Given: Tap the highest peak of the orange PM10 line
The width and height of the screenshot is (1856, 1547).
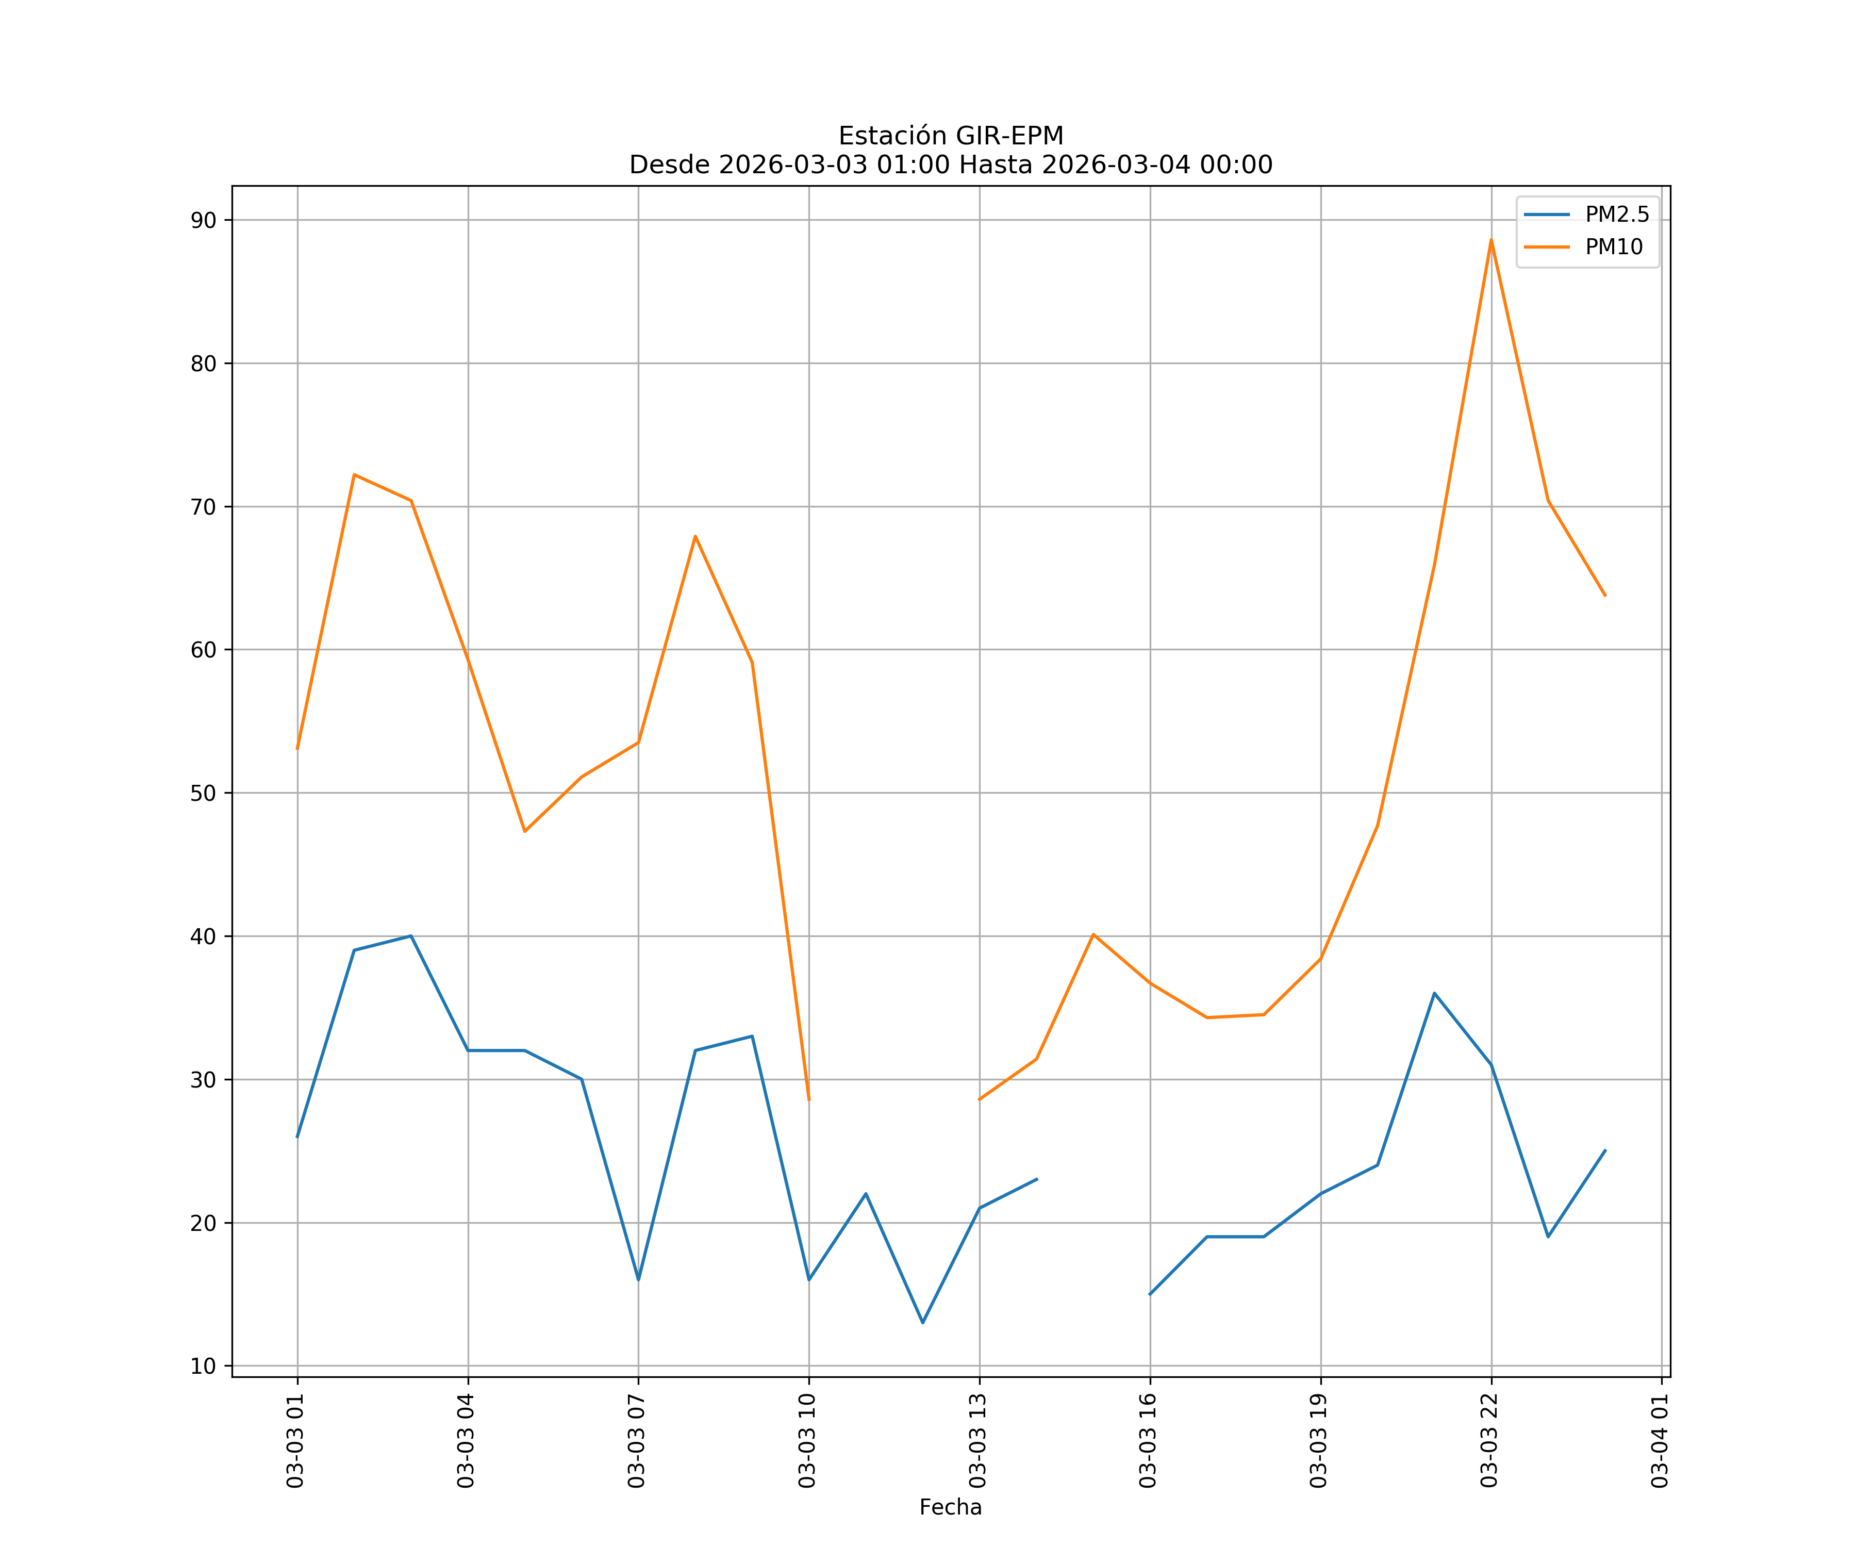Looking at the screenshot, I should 1491,240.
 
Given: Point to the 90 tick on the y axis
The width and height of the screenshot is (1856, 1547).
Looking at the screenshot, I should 203,220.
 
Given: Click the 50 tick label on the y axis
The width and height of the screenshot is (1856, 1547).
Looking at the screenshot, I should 203,793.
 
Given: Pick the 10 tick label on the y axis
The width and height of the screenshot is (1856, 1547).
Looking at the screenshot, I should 203,1366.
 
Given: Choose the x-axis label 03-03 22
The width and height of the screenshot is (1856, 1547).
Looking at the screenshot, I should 1489,1440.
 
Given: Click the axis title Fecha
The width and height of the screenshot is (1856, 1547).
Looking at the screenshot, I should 950,1507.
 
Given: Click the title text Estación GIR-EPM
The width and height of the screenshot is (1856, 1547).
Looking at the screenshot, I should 950,136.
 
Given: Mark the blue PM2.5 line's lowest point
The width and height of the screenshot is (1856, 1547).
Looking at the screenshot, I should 923,1323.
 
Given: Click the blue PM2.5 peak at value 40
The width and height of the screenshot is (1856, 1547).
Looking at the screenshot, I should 411,936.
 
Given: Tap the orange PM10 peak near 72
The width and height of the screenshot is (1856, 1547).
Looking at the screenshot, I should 354,475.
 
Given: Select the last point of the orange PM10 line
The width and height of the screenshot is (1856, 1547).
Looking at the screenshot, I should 1605,596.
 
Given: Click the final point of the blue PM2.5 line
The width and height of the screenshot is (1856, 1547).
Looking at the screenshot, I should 1605,1151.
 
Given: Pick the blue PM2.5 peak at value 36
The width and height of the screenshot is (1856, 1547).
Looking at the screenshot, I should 1434,994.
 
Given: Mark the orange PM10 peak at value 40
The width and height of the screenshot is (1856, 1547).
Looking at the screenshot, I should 1093,934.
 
